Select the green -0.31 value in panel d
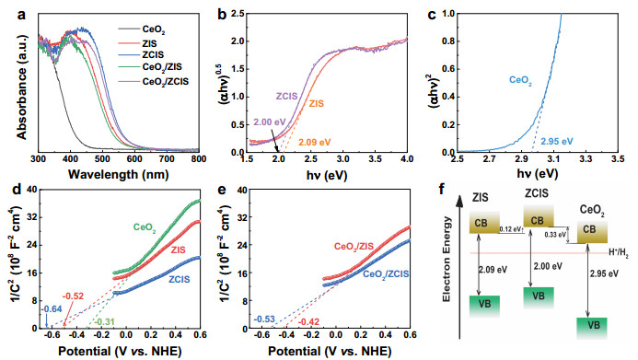coord(105,319)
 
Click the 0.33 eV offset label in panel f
coord(557,236)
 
